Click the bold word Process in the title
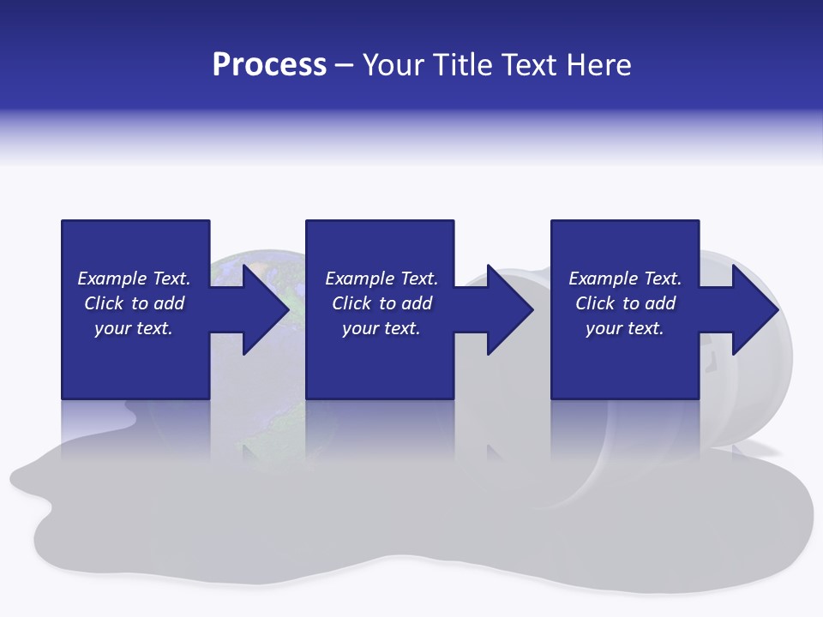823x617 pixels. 269,65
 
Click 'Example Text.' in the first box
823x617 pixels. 134,279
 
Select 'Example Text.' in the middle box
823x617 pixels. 381,279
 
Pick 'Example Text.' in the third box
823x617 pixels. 625,279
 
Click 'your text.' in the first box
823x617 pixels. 134,328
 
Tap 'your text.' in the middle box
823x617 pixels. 381,328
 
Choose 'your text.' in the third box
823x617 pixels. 625,328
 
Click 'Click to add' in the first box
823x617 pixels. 134,303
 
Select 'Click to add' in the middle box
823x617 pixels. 381,303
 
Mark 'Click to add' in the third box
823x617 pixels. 625,303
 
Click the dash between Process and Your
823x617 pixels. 344,65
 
